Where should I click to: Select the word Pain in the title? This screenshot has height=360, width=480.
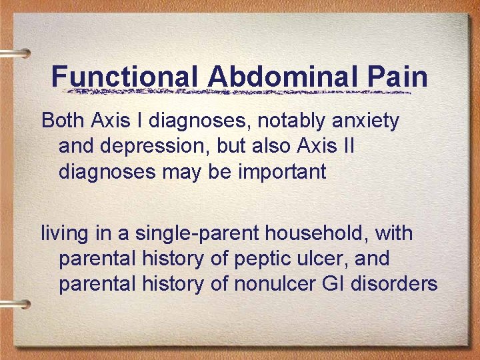point(397,77)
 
